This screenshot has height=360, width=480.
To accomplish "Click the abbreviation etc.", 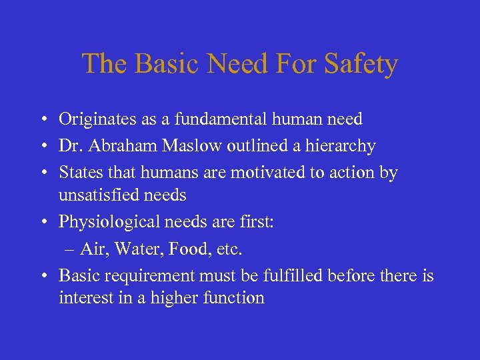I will point(229,249).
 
